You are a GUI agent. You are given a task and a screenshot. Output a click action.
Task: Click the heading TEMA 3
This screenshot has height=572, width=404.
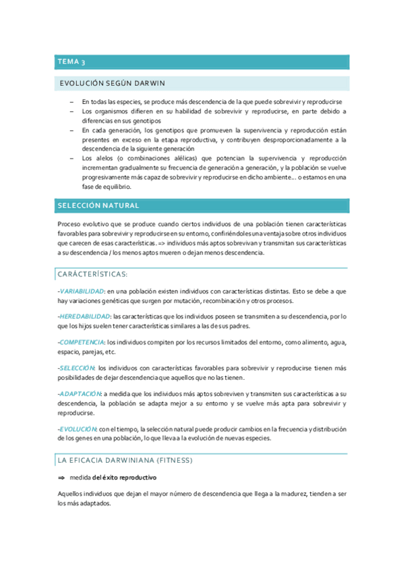click(71, 62)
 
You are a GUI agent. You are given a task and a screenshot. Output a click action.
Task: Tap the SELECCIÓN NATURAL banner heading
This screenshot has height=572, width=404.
click(98, 205)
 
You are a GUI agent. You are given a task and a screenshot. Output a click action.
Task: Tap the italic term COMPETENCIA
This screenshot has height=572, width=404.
click(82, 342)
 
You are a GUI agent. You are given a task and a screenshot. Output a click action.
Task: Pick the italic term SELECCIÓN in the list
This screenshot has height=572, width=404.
click(76, 368)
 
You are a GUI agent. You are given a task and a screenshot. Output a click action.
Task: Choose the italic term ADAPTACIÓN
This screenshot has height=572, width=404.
click(80, 393)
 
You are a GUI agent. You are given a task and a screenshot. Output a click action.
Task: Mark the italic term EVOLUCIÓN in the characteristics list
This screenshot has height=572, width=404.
click(78, 428)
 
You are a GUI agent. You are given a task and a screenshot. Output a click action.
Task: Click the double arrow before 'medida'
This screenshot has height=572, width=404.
click(62, 478)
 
